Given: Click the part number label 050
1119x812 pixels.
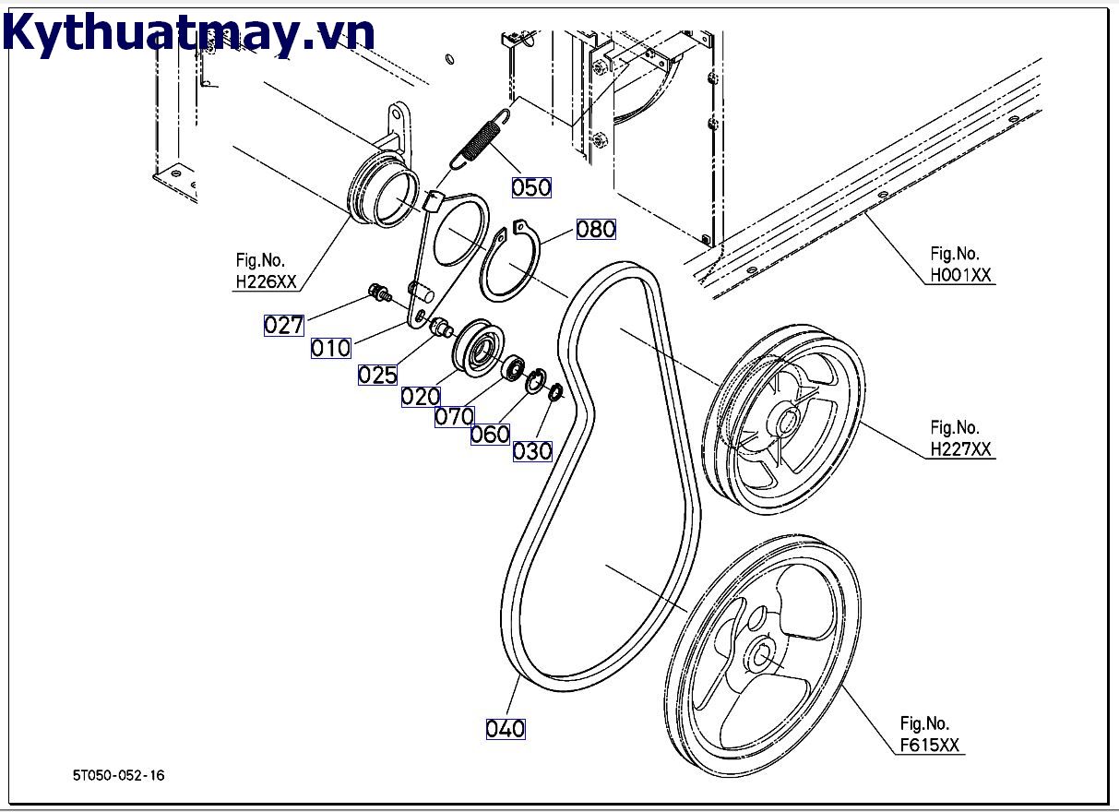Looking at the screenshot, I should tap(531, 187).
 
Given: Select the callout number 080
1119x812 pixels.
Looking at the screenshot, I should tap(596, 229).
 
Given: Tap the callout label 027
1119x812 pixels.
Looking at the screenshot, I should tap(283, 325).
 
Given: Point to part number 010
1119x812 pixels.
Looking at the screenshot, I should tap(330, 348).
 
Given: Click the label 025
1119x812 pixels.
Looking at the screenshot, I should tap(377, 374).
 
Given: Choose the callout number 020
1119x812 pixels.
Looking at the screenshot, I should tap(421, 397).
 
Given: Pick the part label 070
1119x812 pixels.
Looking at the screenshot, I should tap(454, 416).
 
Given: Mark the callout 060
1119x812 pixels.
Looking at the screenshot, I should tap(490, 434).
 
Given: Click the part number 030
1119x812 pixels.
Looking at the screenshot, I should tap(532, 450).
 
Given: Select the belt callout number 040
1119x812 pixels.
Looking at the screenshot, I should tap(506, 729).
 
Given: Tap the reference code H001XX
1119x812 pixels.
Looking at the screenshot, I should tap(960, 274).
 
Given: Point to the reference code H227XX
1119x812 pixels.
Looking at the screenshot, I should tap(960, 449).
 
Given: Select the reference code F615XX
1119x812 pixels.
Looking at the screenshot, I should tap(931, 746).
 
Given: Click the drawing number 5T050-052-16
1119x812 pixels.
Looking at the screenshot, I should tap(119, 776).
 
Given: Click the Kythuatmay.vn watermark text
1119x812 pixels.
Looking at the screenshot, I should tap(189, 33).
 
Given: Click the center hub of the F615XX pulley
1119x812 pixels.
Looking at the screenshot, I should tap(762, 654).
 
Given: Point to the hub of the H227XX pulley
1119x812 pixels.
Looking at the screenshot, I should tap(790, 424).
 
